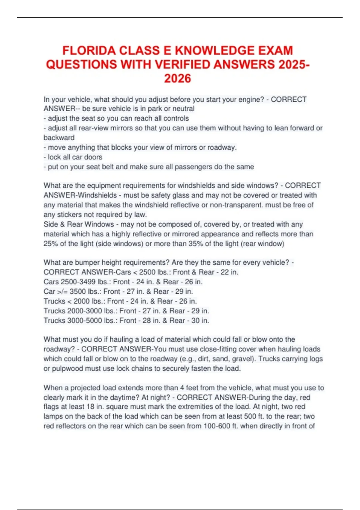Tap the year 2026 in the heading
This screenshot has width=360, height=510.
click(x=178, y=79)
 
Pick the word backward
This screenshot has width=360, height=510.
click(x=59, y=138)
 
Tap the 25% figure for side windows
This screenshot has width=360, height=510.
click(x=51, y=244)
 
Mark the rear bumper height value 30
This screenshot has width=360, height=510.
click(x=195, y=320)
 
